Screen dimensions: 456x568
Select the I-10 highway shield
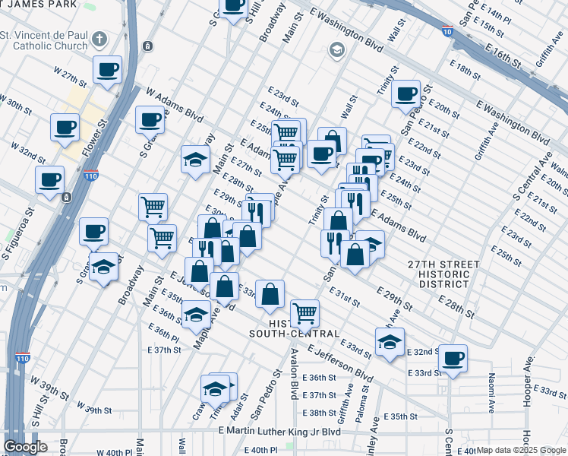point(447,30)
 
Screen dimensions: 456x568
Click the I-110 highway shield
point(90,178)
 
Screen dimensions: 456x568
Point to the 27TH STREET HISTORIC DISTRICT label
point(443,274)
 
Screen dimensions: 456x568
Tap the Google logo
point(25,447)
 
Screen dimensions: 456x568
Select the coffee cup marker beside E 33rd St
point(453,357)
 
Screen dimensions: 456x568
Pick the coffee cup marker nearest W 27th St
point(107,70)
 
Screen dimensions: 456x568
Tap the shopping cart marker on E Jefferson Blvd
point(305,311)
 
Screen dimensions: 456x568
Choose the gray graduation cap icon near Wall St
point(336,50)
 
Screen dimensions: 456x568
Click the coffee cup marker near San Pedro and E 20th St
point(406,93)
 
